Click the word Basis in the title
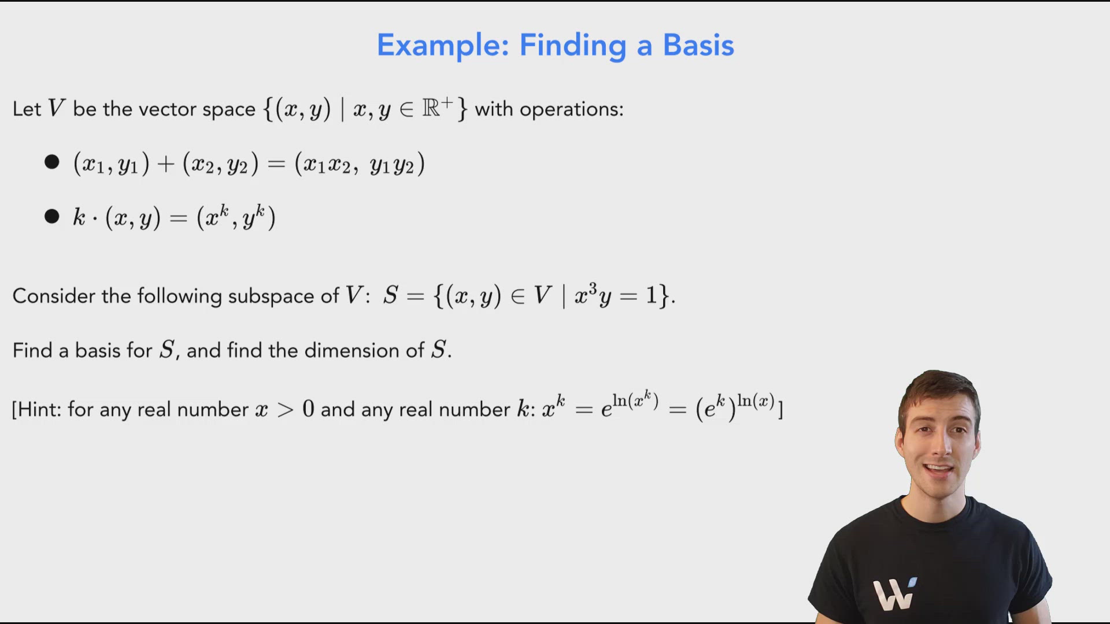coord(698,45)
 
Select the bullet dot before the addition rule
coord(52,162)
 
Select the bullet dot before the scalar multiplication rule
coord(52,217)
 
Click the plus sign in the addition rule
coord(166,165)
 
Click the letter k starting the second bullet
coord(79,217)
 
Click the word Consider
coord(53,296)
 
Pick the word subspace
coord(272,296)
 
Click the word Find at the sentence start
coord(32,350)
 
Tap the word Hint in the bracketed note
coord(39,410)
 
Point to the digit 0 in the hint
coord(308,409)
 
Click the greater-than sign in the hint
coord(285,410)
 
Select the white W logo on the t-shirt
coord(894,593)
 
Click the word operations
coord(571,109)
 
